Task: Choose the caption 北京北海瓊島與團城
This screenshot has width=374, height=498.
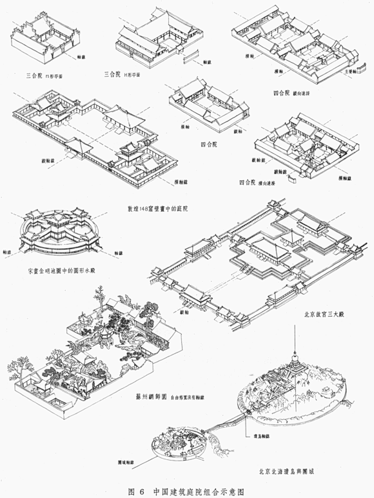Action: point(289,471)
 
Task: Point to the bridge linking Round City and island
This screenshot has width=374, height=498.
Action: point(224,420)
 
